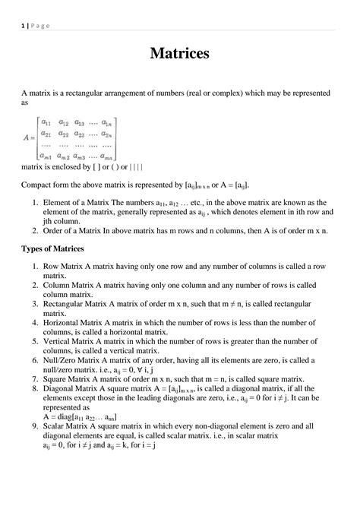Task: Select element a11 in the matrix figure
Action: (x=46, y=122)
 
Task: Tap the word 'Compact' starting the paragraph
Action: (x=38, y=185)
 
